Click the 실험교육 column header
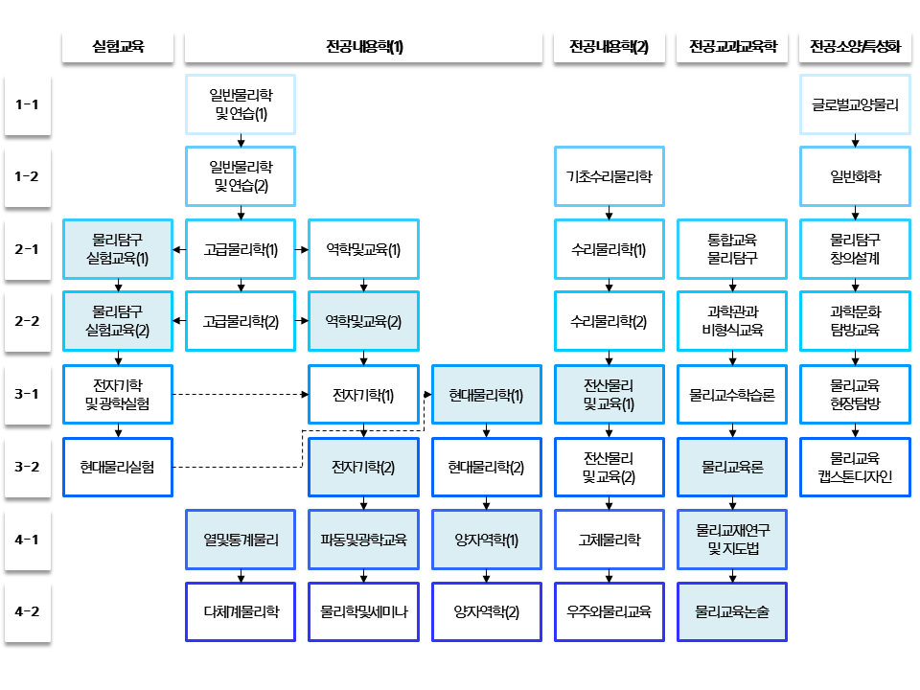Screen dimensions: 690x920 click(118, 47)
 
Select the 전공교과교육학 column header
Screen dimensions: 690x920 click(732, 47)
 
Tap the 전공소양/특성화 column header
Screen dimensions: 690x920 click(855, 47)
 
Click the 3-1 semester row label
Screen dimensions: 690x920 click(27, 394)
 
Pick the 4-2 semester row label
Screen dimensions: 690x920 click(27, 610)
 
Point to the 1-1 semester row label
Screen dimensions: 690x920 click(27, 103)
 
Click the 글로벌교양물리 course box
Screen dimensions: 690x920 click(855, 103)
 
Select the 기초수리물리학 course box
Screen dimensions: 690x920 click(609, 176)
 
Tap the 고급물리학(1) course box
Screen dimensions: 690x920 click(241, 249)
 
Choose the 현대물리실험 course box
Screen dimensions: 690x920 click(118, 467)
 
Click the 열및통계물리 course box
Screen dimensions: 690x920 click(241, 540)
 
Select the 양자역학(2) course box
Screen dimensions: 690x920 click(487, 610)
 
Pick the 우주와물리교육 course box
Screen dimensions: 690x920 click(609, 610)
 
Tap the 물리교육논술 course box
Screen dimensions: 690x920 click(732, 610)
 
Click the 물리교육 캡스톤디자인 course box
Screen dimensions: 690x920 click(855, 467)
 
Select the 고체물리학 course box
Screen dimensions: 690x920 click(609, 540)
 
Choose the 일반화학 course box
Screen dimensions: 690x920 click(855, 176)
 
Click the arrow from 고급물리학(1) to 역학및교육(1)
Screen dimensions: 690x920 click(302, 249)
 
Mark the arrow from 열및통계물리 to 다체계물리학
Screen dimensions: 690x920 click(241, 576)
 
